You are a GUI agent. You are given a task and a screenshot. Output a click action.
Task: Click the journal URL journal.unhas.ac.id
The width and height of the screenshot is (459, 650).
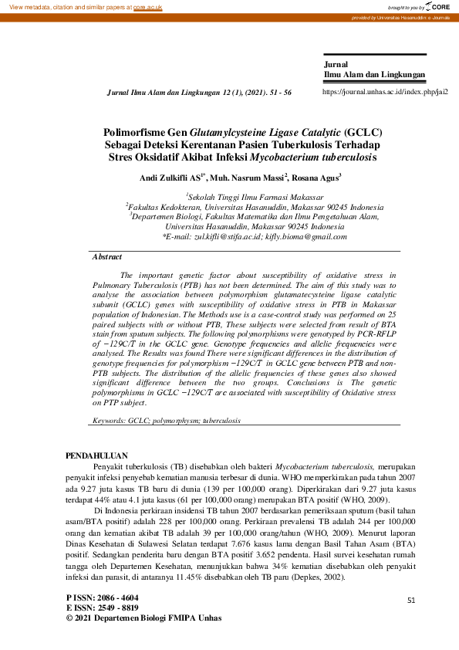pos(384,91)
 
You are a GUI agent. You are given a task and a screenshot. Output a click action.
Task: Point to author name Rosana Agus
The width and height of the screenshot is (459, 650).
pos(316,178)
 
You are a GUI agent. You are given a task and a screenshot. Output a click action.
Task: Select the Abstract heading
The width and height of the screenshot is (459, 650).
pos(106,256)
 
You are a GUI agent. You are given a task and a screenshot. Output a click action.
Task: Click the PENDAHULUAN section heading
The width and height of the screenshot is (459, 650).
pos(96,456)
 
